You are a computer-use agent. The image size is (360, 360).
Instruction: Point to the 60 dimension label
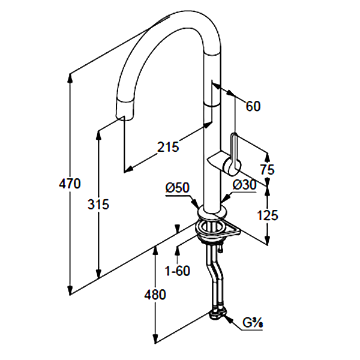coord(254,107)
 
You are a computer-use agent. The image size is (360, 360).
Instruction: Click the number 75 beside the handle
coord(267,170)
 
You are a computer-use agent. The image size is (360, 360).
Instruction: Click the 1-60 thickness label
coord(177,271)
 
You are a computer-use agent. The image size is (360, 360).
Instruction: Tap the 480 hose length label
coord(155,295)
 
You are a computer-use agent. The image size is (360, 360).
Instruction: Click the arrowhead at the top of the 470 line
coord(71,77)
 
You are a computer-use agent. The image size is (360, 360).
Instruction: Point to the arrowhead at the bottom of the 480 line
coord(155,340)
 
